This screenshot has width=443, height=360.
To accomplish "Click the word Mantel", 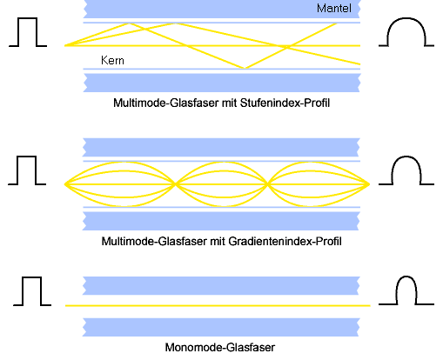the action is [334, 9].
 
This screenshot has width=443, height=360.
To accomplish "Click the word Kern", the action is [112, 60].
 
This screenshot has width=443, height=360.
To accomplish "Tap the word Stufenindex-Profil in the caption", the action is [285, 103].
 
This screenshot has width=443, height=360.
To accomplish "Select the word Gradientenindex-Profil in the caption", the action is [285, 241].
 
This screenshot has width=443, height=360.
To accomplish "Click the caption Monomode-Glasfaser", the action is [220, 347].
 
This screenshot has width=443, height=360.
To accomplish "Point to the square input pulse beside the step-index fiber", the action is [28, 18].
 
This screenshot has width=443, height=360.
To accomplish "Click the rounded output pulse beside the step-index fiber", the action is [406, 18].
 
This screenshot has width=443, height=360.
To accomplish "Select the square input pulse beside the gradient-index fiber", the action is [27, 157].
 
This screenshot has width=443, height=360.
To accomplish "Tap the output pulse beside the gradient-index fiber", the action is [406, 157].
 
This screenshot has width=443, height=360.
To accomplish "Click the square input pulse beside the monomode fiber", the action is [32, 277].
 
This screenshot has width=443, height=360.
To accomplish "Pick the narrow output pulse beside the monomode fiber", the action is [406, 277].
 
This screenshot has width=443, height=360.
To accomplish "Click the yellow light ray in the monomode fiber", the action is [218, 305].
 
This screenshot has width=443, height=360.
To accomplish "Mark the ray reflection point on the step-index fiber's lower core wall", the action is [245, 68].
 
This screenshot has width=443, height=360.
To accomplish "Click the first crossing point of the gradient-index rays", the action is [176, 184].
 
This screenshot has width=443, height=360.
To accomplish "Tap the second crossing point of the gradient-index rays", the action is [268, 184].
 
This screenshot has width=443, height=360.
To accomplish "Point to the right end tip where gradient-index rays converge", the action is [369, 184].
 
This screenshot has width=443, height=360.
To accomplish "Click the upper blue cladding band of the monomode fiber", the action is [221, 285].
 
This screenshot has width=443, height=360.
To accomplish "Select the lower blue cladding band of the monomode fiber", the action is [221, 327].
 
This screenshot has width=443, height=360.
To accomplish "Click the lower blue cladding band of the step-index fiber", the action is [222, 83].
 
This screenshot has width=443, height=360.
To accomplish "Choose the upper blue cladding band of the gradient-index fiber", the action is [221, 147].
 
